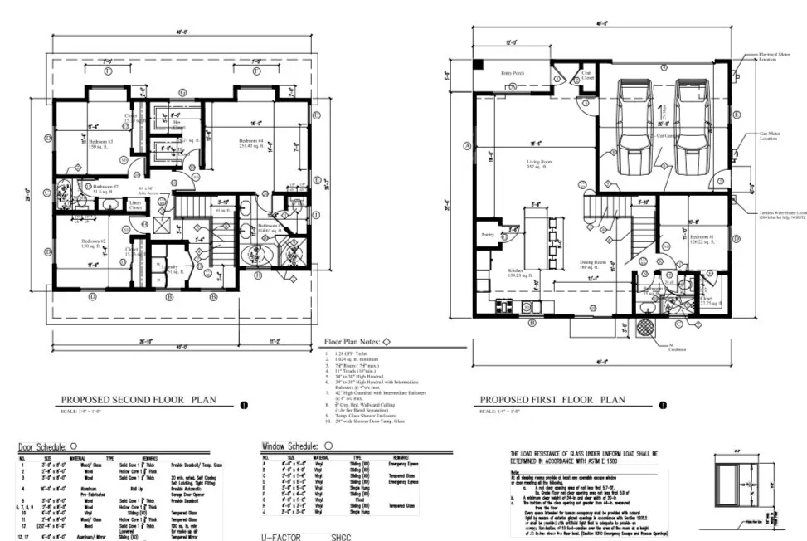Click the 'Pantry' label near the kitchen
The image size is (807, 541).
click(x=487, y=235)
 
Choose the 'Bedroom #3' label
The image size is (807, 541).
click(x=100, y=142)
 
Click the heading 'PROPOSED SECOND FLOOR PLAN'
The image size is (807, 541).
click(x=139, y=399)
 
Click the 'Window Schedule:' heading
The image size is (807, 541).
click(x=289, y=446)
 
